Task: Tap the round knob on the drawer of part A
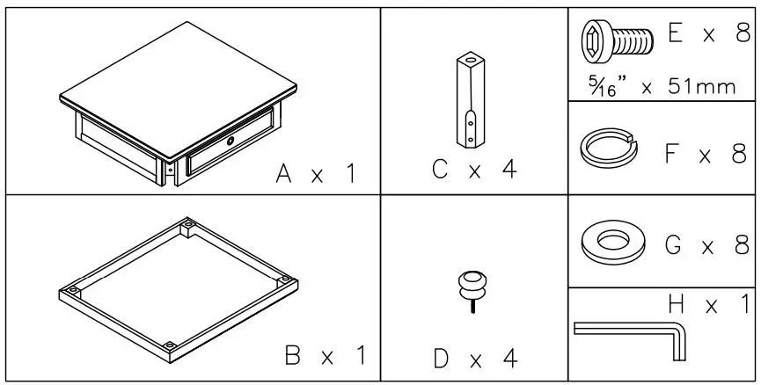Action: pyautogui.click(x=230, y=142)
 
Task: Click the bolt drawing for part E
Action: pyautogui.click(x=615, y=40)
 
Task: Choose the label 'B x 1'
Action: pyautogui.click(x=325, y=357)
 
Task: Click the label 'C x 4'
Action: pyautogui.click(x=473, y=170)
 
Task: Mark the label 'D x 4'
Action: pyautogui.click(x=474, y=359)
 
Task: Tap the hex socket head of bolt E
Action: pyautogui.click(x=593, y=40)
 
